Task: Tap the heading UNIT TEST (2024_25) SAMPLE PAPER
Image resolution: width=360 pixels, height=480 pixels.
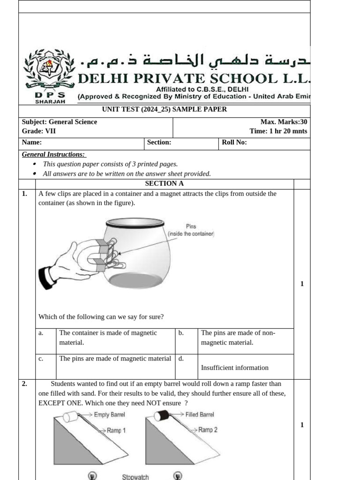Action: coord(165,109)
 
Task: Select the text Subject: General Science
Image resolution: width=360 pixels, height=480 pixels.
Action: coord(60,122)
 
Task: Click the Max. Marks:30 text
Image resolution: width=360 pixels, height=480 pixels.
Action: coord(284,122)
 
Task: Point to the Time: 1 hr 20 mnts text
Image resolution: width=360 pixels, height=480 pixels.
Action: coord(278,131)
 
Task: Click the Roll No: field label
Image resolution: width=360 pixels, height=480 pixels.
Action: coord(234,142)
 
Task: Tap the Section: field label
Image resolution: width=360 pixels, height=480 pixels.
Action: coord(159,142)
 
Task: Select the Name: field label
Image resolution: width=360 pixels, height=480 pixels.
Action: coord(32,142)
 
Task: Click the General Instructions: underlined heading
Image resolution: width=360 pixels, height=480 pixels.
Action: coord(53,154)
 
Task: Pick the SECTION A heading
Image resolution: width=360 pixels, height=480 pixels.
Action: coord(165,184)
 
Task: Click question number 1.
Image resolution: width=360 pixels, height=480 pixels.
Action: coord(25,194)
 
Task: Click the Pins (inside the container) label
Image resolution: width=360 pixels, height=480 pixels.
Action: coord(191,230)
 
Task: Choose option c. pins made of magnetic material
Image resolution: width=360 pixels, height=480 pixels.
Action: coord(115,359)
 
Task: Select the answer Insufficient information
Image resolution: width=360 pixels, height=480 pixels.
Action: coord(234,367)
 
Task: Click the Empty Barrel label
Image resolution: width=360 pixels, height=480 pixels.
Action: coord(109,415)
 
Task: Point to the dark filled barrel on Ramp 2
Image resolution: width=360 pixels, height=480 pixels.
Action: coord(162,415)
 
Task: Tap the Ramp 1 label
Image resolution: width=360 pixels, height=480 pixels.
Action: coord(116,430)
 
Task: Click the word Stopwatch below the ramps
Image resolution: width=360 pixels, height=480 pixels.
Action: coord(135,477)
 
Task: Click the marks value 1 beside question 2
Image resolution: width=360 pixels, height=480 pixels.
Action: coord(302,425)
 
